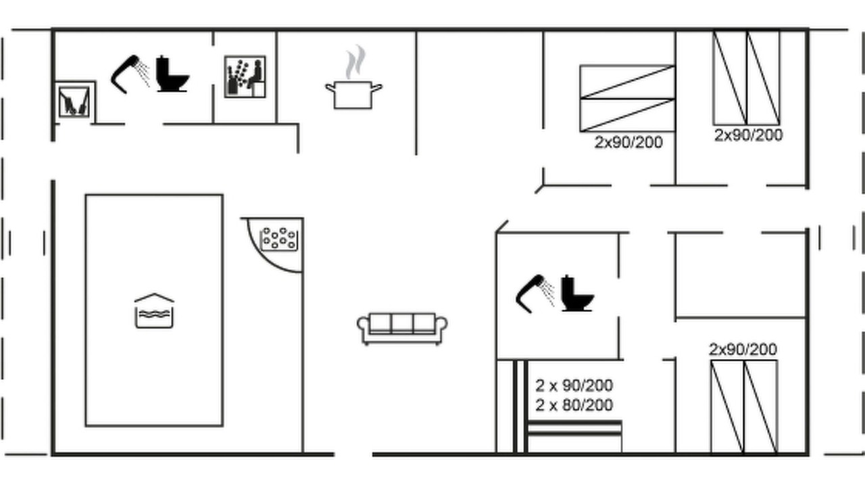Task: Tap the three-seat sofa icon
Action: [x=402, y=329]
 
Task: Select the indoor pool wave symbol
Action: [x=154, y=311]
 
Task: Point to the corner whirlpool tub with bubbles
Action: [x=279, y=239]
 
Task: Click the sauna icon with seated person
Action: [x=245, y=76]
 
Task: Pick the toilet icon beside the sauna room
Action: [x=172, y=74]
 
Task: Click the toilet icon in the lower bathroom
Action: [x=578, y=293]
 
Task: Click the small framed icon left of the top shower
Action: [x=74, y=102]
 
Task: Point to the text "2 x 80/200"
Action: [x=574, y=405]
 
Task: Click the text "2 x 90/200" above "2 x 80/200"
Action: [x=574, y=386]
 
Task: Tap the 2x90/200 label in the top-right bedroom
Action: [x=748, y=135]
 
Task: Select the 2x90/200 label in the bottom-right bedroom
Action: [x=743, y=350]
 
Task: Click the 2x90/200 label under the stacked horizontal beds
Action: [x=628, y=142]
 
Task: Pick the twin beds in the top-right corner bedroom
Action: [x=747, y=78]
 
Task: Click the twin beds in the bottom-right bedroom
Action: [x=744, y=407]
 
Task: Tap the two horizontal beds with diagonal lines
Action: [x=628, y=99]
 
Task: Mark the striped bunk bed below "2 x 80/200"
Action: [x=574, y=437]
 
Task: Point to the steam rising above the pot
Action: [x=355, y=62]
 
